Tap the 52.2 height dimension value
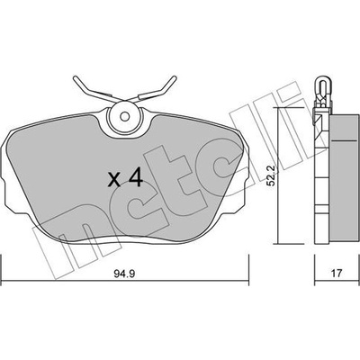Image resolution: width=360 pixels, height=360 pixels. pyautogui.click(x=272, y=175)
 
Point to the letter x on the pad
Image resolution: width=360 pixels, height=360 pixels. pyautogui.click(x=114, y=180)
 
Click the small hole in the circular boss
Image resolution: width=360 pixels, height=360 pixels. pyautogui.click(x=124, y=116)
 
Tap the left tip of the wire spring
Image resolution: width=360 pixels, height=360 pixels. pyautogui.click(x=75, y=78)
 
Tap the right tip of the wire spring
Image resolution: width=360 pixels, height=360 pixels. pyautogui.click(x=175, y=78)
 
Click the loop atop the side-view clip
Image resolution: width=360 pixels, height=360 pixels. pyautogui.click(x=323, y=82)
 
